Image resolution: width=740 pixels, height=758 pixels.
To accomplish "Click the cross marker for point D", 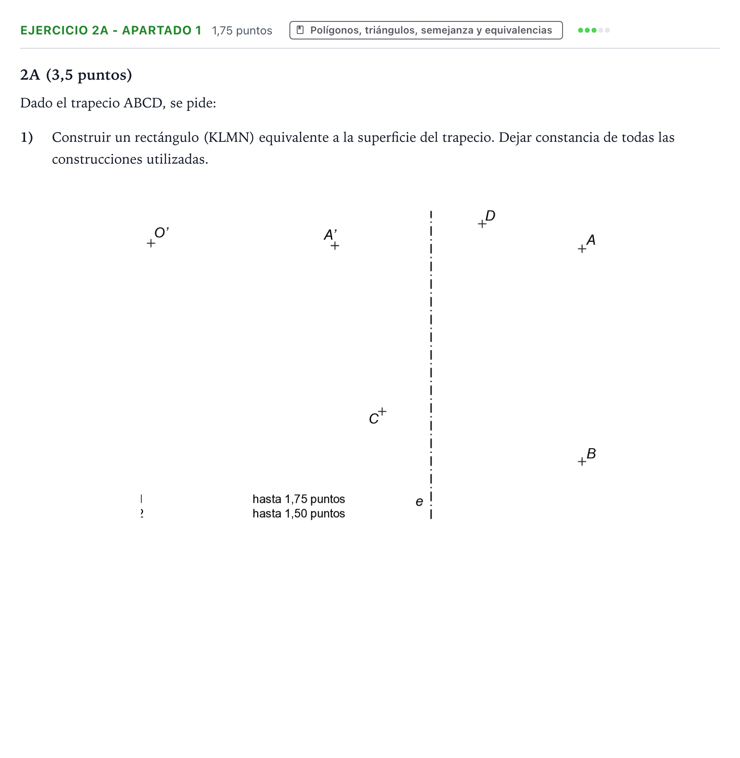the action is [482, 224].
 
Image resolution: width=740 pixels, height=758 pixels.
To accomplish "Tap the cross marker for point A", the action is [582, 249].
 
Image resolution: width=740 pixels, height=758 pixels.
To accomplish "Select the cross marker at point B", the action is [582, 462].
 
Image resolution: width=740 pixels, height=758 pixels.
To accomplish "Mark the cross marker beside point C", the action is [382, 411].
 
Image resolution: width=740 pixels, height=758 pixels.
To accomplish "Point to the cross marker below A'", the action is [335, 246].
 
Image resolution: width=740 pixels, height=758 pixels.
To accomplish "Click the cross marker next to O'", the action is [151, 243].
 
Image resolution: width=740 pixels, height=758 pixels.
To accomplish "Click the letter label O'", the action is [162, 232].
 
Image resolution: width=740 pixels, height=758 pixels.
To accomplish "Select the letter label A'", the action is [331, 235].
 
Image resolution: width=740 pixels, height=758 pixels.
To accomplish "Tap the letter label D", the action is [490, 216].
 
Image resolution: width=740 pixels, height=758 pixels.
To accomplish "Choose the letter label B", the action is [591, 453].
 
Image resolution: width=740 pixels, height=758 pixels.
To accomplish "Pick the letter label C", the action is [374, 419].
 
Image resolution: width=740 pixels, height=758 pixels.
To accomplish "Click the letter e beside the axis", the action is [420, 502].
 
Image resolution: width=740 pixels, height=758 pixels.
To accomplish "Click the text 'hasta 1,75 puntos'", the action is [299, 499].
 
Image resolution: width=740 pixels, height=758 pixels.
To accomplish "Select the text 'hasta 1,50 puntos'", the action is [299, 513].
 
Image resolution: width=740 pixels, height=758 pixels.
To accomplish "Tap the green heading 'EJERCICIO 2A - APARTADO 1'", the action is [111, 30].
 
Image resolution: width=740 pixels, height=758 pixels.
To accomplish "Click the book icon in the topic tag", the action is [300, 30].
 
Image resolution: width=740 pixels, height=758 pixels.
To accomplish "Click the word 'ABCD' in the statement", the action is [143, 103].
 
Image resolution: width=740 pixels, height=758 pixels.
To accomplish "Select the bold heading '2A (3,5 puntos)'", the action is [76, 75].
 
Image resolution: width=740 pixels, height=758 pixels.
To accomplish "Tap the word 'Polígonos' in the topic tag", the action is [334, 30].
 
